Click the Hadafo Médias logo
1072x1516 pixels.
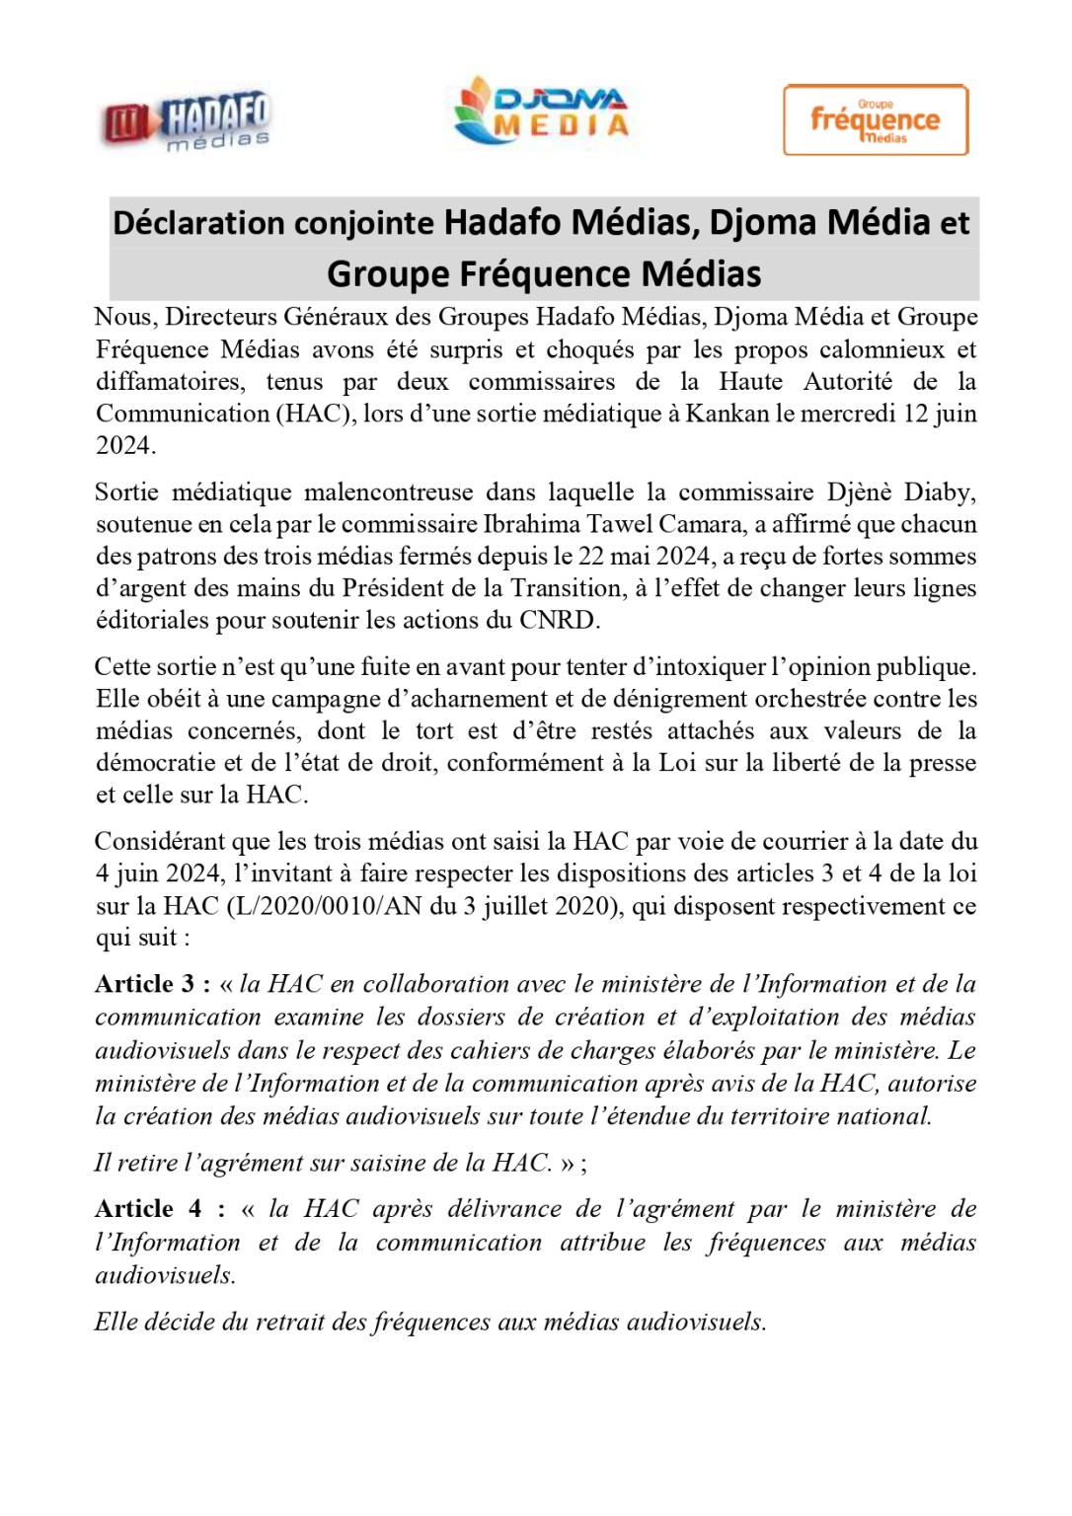point(188,121)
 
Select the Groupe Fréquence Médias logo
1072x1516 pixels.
point(875,119)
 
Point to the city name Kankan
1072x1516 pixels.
point(727,414)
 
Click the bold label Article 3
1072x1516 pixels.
point(145,985)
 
